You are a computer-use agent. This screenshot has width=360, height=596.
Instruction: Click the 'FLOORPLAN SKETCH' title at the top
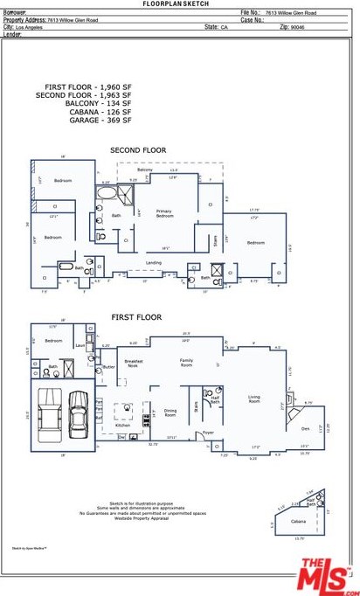[180, 4]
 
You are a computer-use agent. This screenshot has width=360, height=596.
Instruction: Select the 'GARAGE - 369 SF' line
[100, 120]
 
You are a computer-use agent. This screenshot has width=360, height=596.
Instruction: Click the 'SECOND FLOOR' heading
[137, 150]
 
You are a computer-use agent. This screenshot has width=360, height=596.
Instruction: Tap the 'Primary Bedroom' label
[163, 213]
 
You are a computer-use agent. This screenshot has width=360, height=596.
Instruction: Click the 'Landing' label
[153, 262]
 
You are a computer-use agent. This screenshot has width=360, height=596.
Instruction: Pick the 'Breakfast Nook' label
[133, 364]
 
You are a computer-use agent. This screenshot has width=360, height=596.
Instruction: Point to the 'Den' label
[305, 428]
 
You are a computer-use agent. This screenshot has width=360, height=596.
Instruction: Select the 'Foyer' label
[208, 433]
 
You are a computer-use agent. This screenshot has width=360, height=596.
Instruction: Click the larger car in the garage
[78, 412]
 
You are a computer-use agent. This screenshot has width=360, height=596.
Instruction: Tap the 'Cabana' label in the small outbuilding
[298, 522]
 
